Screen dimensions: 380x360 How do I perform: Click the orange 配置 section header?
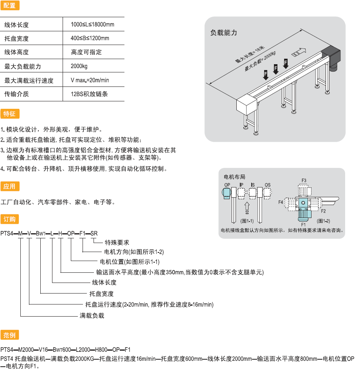(x=9, y=5)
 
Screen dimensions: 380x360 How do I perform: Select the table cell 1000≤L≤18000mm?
(x=92, y=25)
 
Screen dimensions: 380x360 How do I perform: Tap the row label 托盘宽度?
(x=16, y=39)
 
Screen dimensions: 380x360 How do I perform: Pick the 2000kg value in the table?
(x=79, y=66)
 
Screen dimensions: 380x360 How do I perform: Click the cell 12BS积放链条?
(x=89, y=94)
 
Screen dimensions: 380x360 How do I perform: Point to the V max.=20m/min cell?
(x=90, y=80)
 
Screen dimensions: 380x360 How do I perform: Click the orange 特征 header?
(x=9, y=114)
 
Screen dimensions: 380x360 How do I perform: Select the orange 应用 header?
(x=9, y=186)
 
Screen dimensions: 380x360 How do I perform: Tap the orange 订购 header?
(x=9, y=218)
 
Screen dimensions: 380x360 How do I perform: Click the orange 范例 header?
(x=9, y=335)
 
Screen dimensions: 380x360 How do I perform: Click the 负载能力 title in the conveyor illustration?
(x=224, y=33)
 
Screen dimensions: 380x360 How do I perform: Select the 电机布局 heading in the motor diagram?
(x=234, y=177)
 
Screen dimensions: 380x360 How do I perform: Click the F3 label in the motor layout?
(x=304, y=180)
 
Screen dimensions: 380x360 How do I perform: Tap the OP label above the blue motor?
(x=227, y=185)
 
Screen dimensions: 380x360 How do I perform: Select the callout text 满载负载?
(x=92, y=315)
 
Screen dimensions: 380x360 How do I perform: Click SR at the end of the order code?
(x=94, y=234)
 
